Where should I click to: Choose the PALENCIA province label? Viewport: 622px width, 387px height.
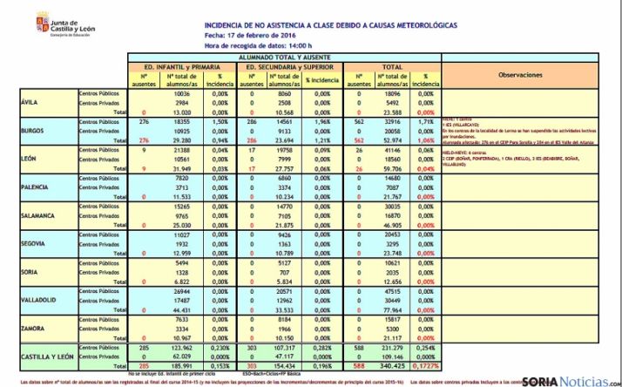pos(33,187)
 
